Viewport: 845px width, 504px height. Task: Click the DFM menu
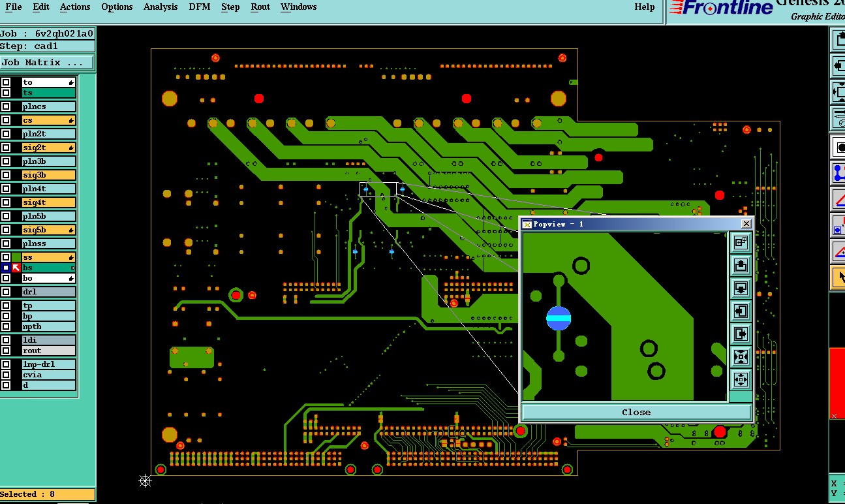coord(199,7)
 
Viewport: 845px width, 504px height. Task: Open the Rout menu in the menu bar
coord(260,7)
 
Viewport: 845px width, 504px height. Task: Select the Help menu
coord(644,7)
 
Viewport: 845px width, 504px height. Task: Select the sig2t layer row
coord(48,148)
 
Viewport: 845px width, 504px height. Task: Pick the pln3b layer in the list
coord(48,161)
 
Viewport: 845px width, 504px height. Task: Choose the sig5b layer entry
coord(48,230)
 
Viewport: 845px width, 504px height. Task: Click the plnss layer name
coord(48,244)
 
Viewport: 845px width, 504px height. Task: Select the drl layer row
coord(48,292)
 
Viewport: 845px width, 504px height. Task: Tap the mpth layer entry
coord(48,326)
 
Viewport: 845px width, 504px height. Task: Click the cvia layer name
coord(48,375)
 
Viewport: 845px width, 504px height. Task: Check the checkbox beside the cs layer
coord(6,120)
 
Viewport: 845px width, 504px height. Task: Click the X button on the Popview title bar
coord(746,224)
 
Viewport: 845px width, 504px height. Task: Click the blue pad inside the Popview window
coord(559,319)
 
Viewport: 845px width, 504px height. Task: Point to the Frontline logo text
coord(720,8)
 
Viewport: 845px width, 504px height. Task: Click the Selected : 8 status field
coord(47,494)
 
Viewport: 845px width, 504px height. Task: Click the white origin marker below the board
coord(146,481)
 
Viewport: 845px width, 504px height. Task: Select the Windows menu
coord(298,7)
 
